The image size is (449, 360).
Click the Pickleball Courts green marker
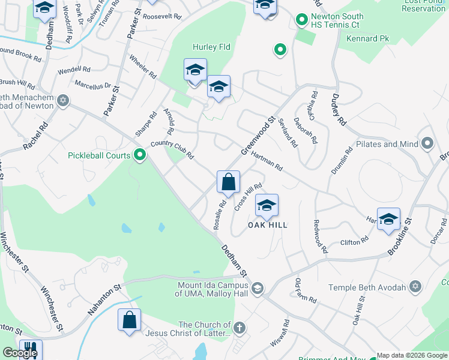pyautogui.click(x=140, y=155)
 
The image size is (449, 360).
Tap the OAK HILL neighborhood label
pyautogui.click(x=268, y=225)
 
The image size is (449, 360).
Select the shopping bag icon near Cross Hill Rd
pyautogui.click(x=228, y=182)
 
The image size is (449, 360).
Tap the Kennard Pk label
pyautogui.click(x=368, y=39)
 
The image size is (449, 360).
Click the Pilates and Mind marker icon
pyautogui.click(x=427, y=143)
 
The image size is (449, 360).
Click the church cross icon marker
pyautogui.click(x=239, y=328)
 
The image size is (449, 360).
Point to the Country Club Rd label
pyautogui.click(x=172, y=149)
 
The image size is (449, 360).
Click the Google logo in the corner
pyautogui.click(x=20, y=353)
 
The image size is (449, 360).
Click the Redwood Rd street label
pyautogui.click(x=320, y=236)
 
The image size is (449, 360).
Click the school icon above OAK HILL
pyautogui.click(x=267, y=206)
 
